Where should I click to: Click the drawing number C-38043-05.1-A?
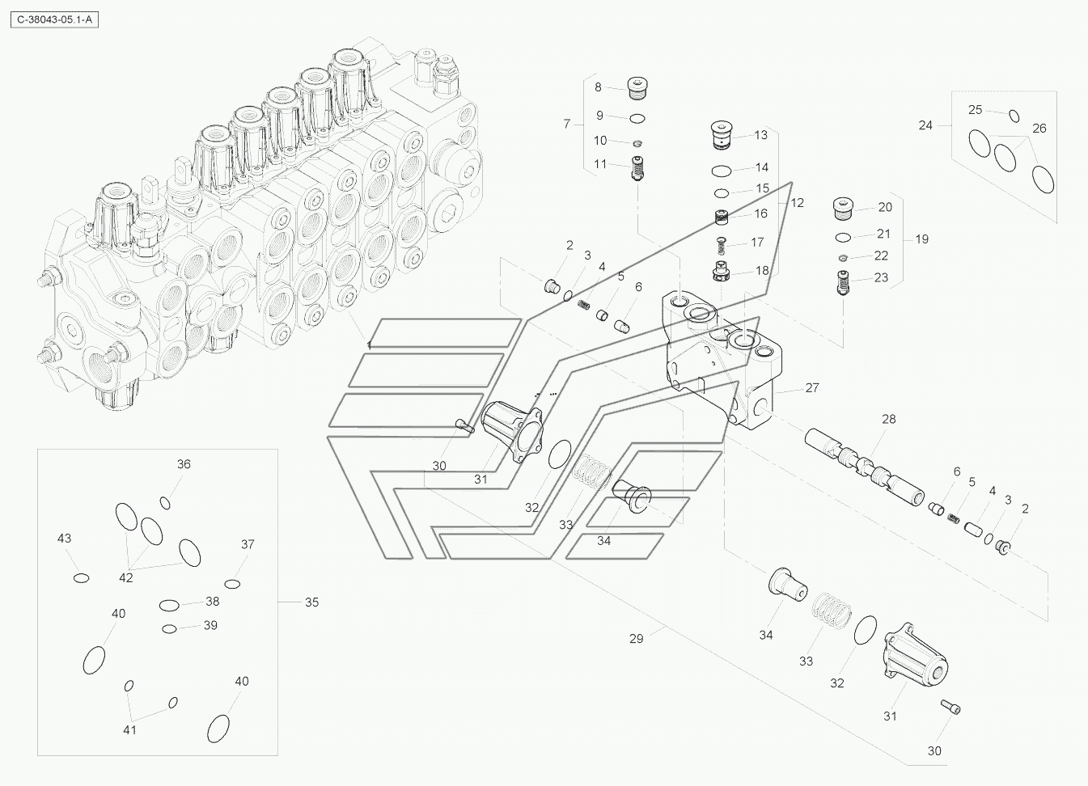pyautogui.click(x=53, y=20)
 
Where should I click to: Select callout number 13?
pyautogui.click(x=760, y=135)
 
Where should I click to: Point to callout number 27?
pyautogui.click(x=811, y=388)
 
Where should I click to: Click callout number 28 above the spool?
pyautogui.click(x=889, y=419)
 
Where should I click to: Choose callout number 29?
pyautogui.click(x=637, y=639)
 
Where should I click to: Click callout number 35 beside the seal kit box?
pyautogui.click(x=311, y=602)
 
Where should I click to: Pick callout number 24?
pyautogui.click(x=925, y=125)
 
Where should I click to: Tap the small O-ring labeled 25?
pyautogui.click(x=1014, y=116)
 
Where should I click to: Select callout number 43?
pyautogui.click(x=64, y=539)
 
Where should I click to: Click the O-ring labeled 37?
pyautogui.click(x=233, y=584)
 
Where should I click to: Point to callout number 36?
pyautogui.click(x=184, y=464)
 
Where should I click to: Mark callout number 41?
pyautogui.click(x=129, y=730)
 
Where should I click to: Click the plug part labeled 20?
pyautogui.click(x=844, y=209)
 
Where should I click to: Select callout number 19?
pyautogui.click(x=921, y=239)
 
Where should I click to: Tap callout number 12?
pyautogui.click(x=797, y=203)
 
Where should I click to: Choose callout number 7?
pyautogui.click(x=567, y=124)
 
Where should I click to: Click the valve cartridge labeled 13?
pyautogui.click(x=720, y=136)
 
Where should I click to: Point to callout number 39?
pyautogui.click(x=210, y=625)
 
